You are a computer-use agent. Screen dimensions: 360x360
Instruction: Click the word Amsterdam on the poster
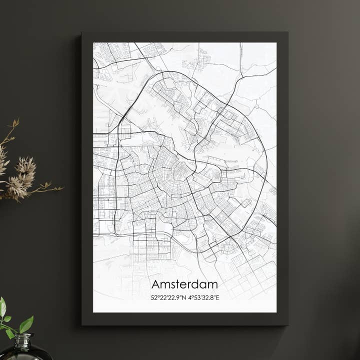pos(184,284)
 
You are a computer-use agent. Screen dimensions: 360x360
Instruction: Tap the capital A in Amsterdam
pos(155,284)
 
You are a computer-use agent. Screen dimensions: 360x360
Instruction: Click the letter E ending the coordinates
pos(217,298)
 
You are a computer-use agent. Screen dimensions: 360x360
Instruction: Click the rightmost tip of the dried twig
pos(62,188)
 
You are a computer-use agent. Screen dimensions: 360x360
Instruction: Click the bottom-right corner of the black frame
pos(287,325)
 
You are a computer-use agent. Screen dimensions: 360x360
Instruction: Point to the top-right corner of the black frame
pos(287,33)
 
